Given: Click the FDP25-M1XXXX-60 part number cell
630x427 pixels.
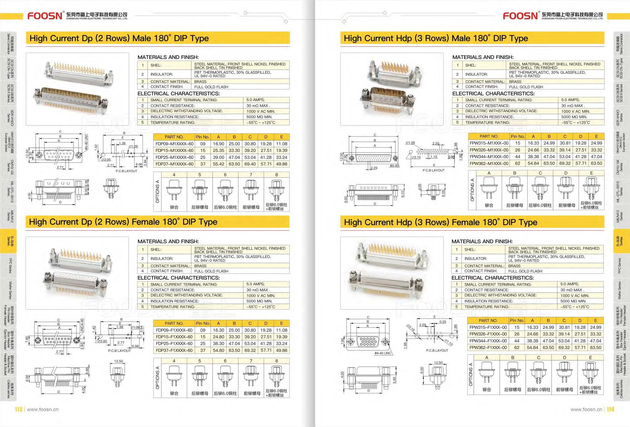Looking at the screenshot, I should (174, 157).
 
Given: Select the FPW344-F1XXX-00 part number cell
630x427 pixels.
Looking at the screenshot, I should (488, 341).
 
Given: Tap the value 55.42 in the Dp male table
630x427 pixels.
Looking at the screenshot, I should (219, 164).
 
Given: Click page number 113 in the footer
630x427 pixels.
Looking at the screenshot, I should (18, 409).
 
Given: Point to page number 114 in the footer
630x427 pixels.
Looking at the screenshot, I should (610, 409).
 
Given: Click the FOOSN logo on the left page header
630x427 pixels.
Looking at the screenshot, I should (45, 16).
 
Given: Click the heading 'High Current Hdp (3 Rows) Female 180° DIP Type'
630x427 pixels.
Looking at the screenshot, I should (440, 222).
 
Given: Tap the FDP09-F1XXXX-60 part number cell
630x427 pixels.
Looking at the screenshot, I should (174, 330).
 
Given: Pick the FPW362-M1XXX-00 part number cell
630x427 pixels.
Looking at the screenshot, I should (489, 164).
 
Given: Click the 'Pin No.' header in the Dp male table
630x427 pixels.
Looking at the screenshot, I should (202, 137).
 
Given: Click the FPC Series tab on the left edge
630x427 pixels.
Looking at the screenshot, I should (10, 265).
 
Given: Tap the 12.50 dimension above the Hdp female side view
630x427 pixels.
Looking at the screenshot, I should (438, 363).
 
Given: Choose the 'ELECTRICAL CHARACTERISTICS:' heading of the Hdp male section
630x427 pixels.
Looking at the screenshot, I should (493, 94).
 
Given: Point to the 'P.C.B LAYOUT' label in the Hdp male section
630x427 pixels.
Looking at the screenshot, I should (434, 170).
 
